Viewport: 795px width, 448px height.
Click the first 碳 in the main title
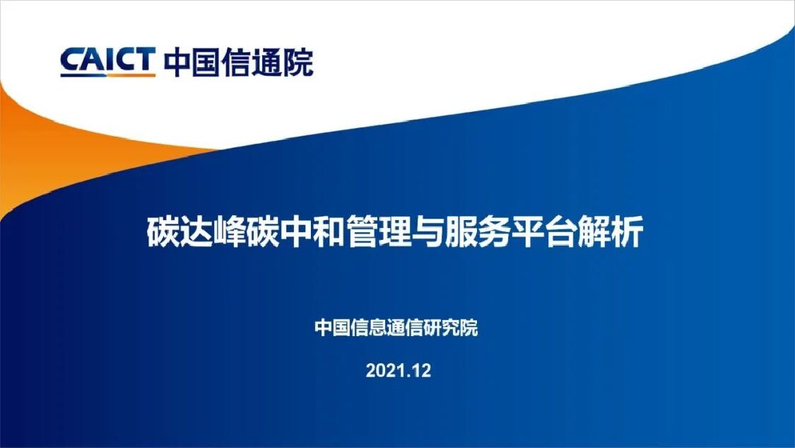click(x=163, y=233)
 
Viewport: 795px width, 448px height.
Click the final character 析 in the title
click(x=628, y=233)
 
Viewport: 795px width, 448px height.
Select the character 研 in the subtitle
click(x=432, y=328)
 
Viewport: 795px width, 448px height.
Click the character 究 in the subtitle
click(x=451, y=328)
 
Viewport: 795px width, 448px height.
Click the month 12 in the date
click(x=421, y=370)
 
